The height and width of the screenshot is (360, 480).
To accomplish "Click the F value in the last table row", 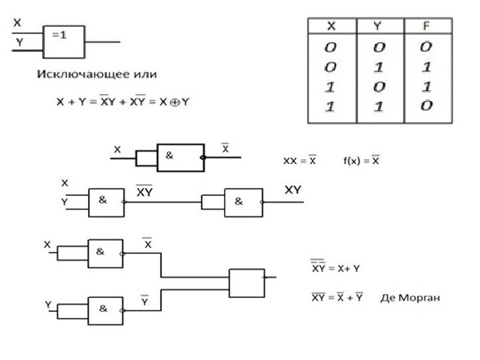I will click(x=426, y=105).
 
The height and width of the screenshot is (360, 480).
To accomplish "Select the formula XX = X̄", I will click(x=300, y=160).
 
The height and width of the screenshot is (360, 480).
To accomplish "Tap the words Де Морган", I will click(x=411, y=296).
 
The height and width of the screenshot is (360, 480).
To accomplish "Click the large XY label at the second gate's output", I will click(x=293, y=191).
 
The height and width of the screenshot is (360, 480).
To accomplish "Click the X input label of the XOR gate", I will click(x=17, y=23).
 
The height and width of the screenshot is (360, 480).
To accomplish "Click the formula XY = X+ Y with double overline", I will click(x=336, y=268).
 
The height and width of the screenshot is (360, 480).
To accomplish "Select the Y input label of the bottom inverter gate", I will click(x=48, y=303).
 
